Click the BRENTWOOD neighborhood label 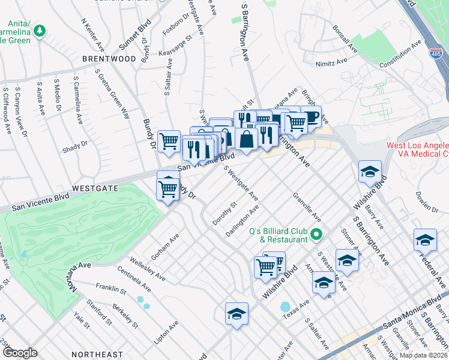click(109, 59)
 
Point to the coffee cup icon click(312, 117)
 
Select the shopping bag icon click(246, 139)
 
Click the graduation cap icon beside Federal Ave click(424, 240)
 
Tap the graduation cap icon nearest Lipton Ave click(237, 313)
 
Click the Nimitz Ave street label click(333, 62)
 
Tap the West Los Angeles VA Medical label click(415, 150)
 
